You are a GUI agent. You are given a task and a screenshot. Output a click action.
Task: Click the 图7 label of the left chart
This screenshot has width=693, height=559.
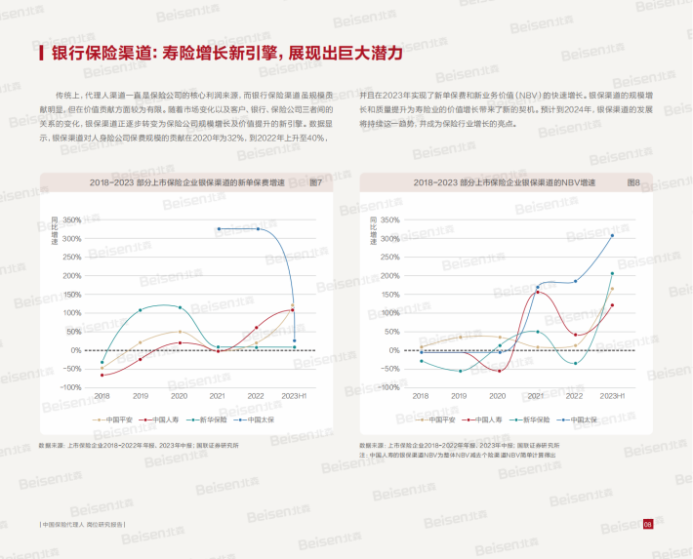pos(314,182)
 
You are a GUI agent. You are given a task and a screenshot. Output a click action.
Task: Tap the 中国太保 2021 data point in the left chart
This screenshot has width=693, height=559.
pos(218,228)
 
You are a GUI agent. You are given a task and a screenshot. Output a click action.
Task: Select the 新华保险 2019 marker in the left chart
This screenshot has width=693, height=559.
pos(141,310)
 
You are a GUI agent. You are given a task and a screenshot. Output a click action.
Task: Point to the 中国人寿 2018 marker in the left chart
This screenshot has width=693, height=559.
pos(102,376)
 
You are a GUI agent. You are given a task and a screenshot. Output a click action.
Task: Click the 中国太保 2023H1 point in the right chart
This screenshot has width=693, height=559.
pos(612,235)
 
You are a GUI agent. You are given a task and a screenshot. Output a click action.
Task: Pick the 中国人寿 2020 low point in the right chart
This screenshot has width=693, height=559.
pos(498,371)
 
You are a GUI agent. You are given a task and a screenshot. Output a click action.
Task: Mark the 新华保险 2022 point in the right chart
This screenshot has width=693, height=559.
pos(575,364)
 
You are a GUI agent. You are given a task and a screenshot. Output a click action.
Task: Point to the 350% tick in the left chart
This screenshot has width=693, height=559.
pos(72,220)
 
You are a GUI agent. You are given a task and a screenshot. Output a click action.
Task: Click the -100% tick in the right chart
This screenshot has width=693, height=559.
pos(389,387)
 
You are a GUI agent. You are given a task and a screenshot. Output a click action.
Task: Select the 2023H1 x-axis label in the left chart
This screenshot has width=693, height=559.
pos(293,396)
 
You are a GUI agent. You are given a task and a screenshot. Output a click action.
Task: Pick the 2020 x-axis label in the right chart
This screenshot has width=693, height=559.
pos(498,396)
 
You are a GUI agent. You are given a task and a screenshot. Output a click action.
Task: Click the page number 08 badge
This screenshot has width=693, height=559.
pos(647,525)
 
